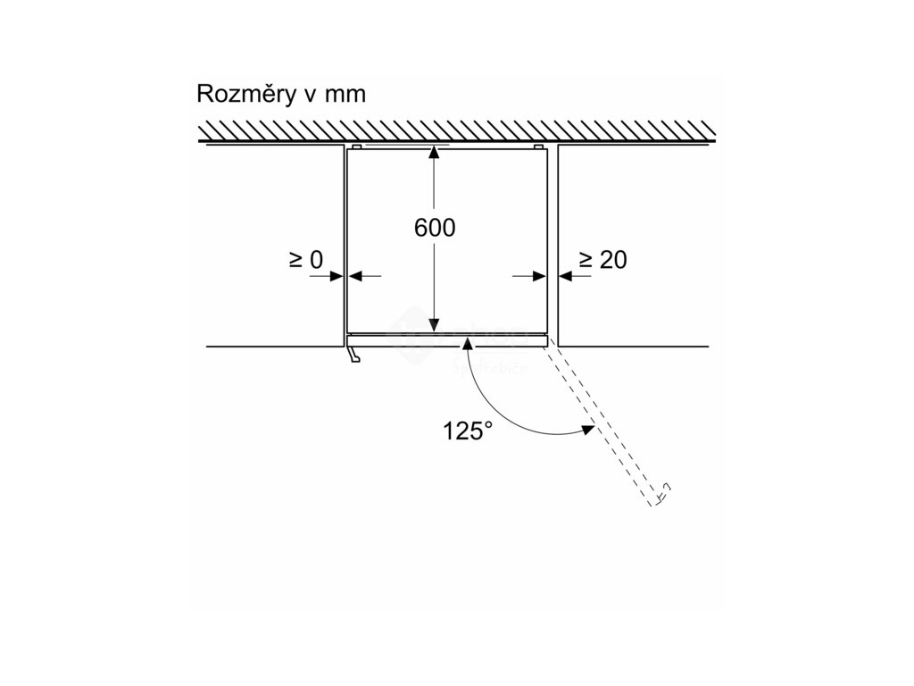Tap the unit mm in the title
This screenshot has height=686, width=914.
pos(345,95)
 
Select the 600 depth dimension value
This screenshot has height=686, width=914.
pos(435,228)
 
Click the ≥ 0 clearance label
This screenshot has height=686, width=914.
pos(305,260)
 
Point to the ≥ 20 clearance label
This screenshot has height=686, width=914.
pos(603,260)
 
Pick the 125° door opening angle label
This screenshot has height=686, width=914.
pos(468,431)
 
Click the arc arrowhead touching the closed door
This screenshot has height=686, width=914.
pos(467,343)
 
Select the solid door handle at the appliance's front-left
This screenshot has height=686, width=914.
pos(354,356)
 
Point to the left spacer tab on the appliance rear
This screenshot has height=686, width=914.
pos(356,144)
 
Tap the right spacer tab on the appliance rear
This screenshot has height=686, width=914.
pos(538,144)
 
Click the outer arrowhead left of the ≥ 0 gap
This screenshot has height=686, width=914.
pos(340,276)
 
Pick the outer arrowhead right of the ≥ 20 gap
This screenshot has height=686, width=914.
pos(564,276)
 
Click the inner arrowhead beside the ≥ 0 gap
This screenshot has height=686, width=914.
pos(352,276)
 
